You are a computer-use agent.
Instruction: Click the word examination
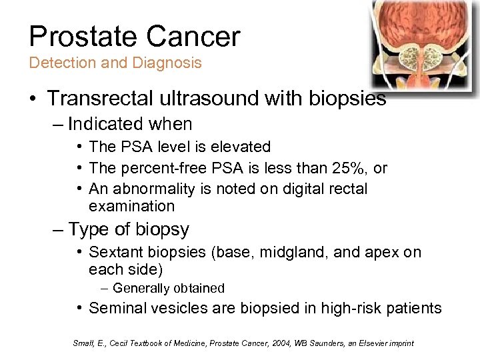tap(131, 206)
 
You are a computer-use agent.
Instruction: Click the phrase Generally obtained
tap(169, 289)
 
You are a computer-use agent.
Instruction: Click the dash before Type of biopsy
tap(58, 230)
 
